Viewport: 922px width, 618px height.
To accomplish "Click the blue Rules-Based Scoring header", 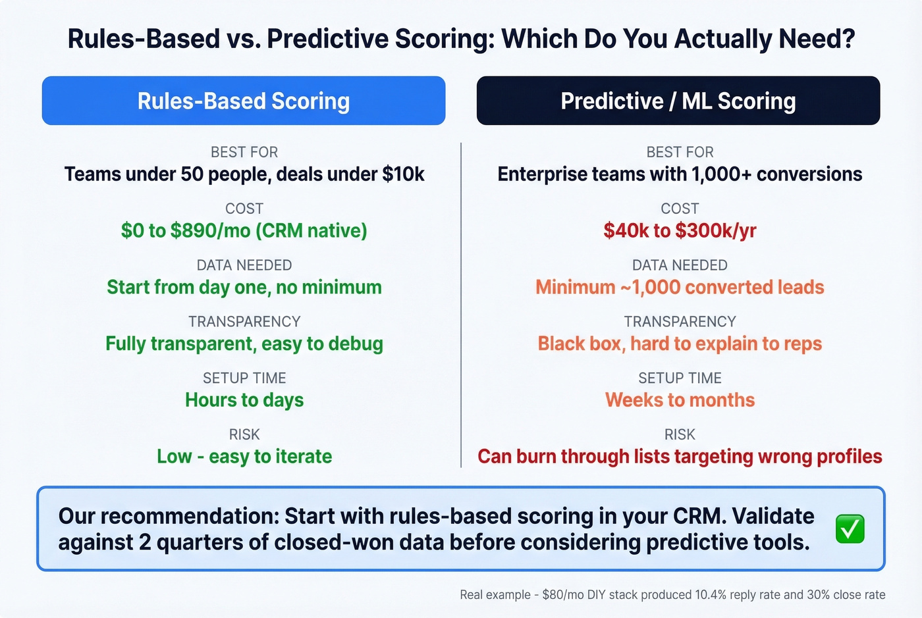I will pyautogui.click(x=244, y=101).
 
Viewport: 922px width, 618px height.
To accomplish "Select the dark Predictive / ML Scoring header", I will pyautogui.click(x=678, y=101).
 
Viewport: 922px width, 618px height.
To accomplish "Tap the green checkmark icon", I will pyautogui.click(x=850, y=529).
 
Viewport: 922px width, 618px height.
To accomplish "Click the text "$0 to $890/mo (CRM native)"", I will pyautogui.click(x=244, y=231).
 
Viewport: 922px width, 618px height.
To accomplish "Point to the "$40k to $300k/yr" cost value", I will pyautogui.click(x=680, y=231).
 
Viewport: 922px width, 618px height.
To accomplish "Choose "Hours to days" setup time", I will pyautogui.click(x=244, y=400).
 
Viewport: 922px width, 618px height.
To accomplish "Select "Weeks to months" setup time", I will pyautogui.click(x=680, y=400).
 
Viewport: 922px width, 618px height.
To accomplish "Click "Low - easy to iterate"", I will pyautogui.click(x=244, y=457).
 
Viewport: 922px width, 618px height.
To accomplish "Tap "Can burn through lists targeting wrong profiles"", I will pyautogui.click(x=680, y=457).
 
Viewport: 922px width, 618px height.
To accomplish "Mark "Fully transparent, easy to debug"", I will pyautogui.click(x=244, y=344).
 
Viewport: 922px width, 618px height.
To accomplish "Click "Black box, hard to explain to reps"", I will pyautogui.click(x=680, y=344).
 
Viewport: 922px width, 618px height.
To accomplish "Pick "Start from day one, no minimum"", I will pyautogui.click(x=244, y=288).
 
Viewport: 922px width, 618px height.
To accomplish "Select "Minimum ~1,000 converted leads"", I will pyautogui.click(x=680, y=288).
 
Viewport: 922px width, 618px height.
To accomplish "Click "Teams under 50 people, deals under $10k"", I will pyautogui.click(x=244, y=174).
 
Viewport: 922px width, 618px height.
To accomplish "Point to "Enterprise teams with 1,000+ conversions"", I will pyautogui.click(x=680, y=174).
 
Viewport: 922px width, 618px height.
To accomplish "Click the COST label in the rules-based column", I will pyautogui.click(x=244, y=209).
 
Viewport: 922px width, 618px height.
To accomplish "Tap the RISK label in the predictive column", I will pyautogui.click(x=680, y=434).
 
